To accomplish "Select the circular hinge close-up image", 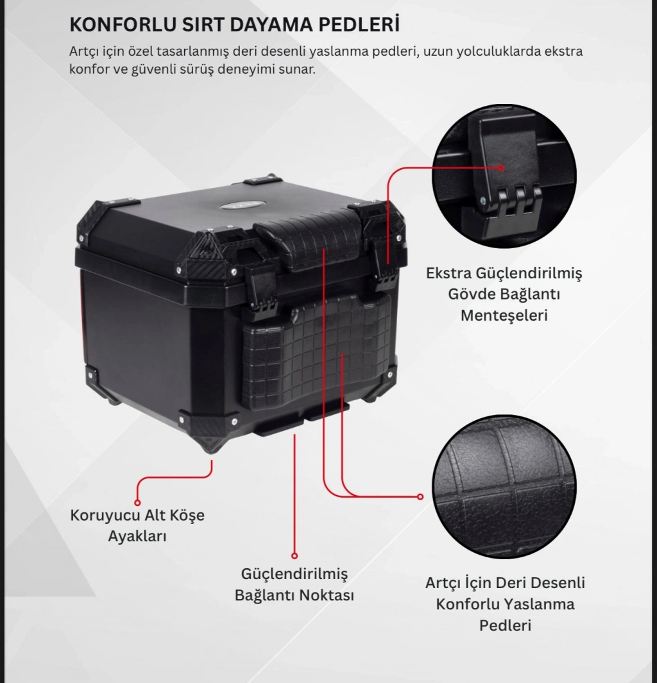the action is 504,176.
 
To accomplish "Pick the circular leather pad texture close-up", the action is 504,487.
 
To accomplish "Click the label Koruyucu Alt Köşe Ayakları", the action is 137,525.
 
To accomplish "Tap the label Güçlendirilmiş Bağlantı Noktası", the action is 294,584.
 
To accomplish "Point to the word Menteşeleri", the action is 504,316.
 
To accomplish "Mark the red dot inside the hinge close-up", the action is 501,167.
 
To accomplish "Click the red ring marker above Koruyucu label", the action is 138,502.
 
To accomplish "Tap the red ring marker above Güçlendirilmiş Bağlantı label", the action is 294,555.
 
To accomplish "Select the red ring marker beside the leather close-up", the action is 420,496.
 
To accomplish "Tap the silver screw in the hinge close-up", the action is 482,200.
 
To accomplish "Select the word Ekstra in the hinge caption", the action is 448,273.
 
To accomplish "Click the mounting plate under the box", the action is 301,417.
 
